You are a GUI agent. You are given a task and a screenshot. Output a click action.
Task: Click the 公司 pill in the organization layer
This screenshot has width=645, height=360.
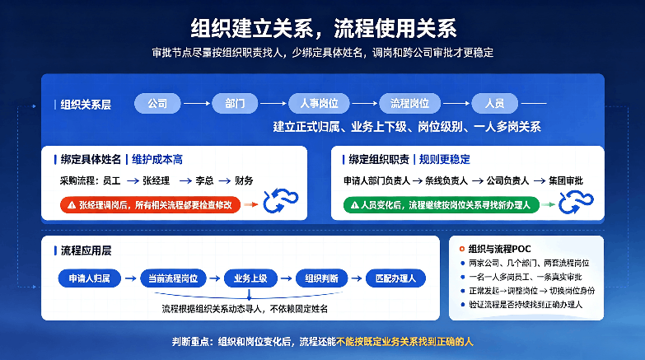pyautogui.click(x=157, y=103)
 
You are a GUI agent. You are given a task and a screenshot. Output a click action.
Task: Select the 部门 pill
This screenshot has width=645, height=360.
pyautogui.click(x=235, y=103)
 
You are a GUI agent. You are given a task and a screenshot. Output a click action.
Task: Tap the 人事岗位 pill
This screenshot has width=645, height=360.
pyautogui.click(x=320, y=103)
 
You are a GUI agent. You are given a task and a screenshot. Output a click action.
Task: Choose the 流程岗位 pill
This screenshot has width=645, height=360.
pyautogui.click(x=409, y=103)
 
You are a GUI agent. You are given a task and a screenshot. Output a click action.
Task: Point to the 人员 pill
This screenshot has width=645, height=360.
pyautogui.click(x=495, y=103)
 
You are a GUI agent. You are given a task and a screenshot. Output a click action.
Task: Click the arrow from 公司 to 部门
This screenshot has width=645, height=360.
pyautogui.click(x=197, y=103)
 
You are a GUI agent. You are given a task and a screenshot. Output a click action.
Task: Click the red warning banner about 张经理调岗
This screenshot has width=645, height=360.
pyautogui.click(x=150, y=205)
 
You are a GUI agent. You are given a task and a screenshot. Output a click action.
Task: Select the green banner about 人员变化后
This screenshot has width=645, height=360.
pyautogui.click(x=442, y=205)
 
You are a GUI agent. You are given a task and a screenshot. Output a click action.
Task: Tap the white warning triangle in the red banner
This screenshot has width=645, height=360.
pyautogui.click(x=72, y=205)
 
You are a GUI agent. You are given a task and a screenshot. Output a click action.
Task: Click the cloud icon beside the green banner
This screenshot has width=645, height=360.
pyautogui.click(x=576, y=202)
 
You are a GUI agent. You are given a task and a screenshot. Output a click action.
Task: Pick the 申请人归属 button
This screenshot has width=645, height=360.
pyautogui.click(x=89, y=278)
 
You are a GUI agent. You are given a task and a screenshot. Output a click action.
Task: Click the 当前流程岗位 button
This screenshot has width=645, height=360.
pyautogui.click(x=173, y=278)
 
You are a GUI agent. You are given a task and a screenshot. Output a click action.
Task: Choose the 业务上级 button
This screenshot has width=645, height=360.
pyautogui.click(x=250, y=278)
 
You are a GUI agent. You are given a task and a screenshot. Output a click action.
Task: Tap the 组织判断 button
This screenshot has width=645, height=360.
pyautogui.click(x=322, y=278)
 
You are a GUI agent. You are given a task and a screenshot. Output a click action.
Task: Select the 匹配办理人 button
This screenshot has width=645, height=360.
pyautogui.click(x=395, y=278)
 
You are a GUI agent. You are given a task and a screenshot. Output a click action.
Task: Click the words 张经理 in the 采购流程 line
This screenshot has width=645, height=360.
pyautogui.click(x=157, y=180)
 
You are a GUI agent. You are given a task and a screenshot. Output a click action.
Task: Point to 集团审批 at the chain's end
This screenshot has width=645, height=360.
pyautogui.click(x=566, y=180)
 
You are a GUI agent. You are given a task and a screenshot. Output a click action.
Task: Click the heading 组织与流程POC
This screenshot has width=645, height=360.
pyautogui.click(x=500, y=249)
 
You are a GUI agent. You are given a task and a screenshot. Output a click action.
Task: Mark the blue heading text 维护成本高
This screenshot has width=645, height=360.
pyautogui.click(x=157, y=160)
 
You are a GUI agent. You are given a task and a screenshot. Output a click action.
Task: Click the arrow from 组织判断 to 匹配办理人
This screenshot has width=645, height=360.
pyautogui.click(x=357, y=278)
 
